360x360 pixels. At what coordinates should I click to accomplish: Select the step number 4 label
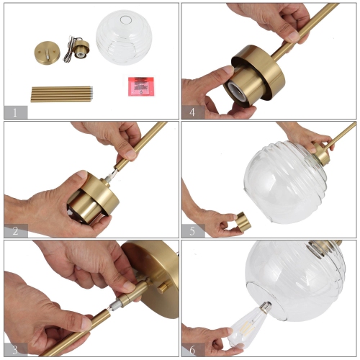coord(192,112)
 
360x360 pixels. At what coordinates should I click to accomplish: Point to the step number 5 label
coord(192,230)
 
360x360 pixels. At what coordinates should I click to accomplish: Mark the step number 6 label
coord(192,349)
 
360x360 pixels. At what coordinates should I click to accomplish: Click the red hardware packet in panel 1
coord(143,85)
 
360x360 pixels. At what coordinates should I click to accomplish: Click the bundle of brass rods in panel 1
coord(61,94)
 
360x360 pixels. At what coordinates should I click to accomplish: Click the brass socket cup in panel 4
coord(252,75)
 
